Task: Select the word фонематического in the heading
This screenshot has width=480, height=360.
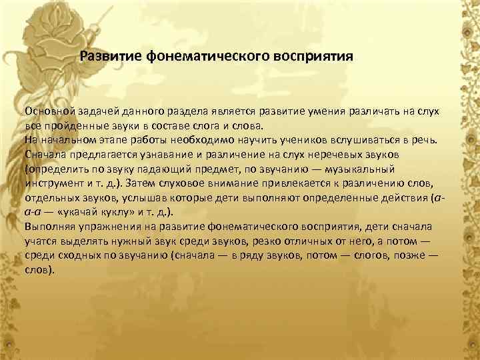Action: (x=203, y=55)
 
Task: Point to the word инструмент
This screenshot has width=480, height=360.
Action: (x=54, y=183)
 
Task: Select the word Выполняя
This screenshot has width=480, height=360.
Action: (x=50, y=227)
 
